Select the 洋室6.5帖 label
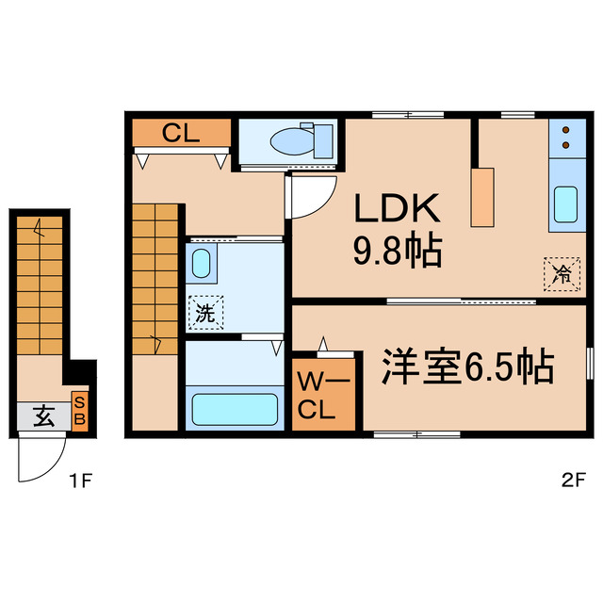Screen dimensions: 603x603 click(467, 367)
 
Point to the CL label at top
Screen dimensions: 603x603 click(181, 133)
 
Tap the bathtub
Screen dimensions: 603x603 click(234, 410)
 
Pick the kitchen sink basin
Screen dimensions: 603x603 click(565, 204)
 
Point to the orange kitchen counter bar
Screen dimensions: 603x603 click(483, 197)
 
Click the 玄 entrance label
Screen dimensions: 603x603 click(42, 416)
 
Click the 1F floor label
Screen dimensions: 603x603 click(80, 481)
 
